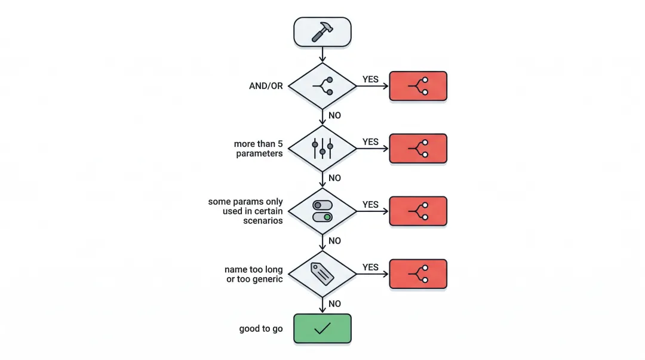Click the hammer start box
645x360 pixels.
pyautogui.click(x=322, y=32)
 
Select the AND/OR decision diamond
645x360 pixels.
pyautogui.click(x=322, y=86)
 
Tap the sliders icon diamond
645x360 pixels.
pyautogui.click(x=322, y=149)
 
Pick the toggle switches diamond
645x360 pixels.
pyautogui.click(x=322, y=211)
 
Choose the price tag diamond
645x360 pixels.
pyautogui.click(x=322, y=274)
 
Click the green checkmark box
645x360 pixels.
pyautogui.click(x=322, y=328)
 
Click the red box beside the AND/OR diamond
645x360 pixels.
pyautogui.click(x=418, y=86)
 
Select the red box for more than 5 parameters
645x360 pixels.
pyautogui.click(x=418, y=149)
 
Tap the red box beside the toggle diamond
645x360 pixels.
pyautogui.click(x=418, y=211)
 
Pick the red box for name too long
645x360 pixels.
pyautogui.click(x=418, y=274)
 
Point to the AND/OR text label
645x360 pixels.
pyautogui.click(x=266, y=86)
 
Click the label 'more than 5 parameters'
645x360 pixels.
pyautogui.click(x=259, y=149)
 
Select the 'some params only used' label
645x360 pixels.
pyautogui.click(x=245, y=211)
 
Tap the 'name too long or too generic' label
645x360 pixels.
pyautogui.click(x=254, y=275)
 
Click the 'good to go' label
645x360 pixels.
pyautogui.click(x=260, y=329)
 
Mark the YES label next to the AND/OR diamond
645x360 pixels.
pyautogui.click(x=370, y=79)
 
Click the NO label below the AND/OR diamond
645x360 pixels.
pyautogui.click(x=334, y=115)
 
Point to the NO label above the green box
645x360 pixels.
pyautogui.click(x=334, y=304)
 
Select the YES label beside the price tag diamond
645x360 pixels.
pyautogui.click(x=370, y=267)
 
